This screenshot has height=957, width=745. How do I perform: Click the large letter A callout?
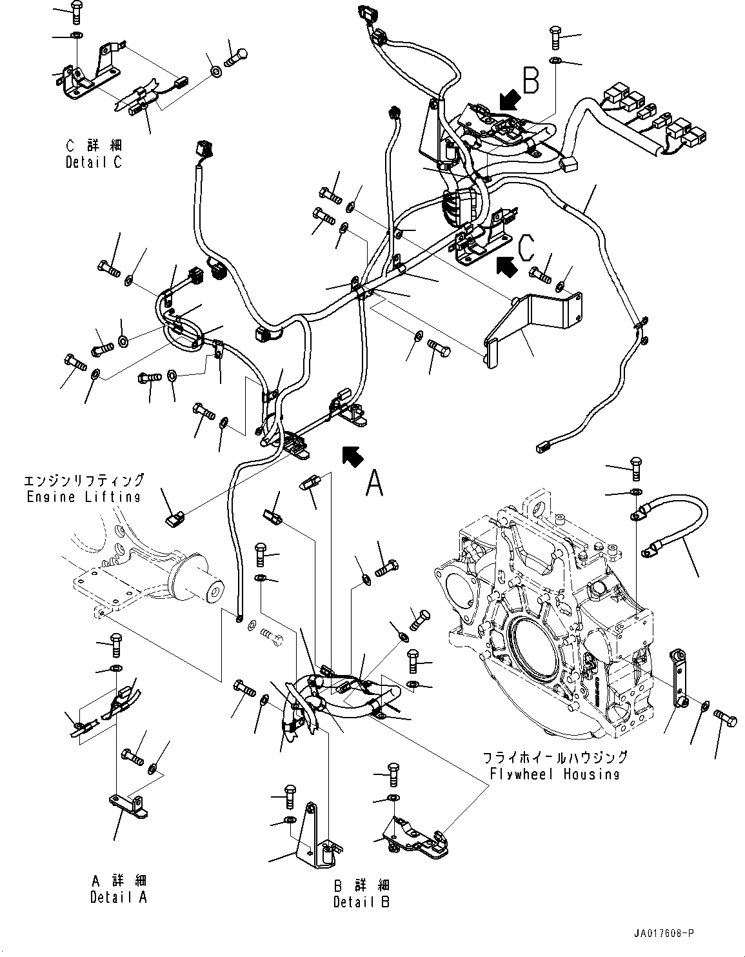pos(374,483)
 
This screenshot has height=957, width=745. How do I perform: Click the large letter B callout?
pos(530,81)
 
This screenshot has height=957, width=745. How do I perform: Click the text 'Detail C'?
pos(94,163)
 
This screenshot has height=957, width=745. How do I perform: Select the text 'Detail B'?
pos(361,902)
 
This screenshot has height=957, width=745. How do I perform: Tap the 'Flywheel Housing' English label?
pos(555,774)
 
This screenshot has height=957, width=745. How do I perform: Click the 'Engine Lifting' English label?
pos(83,497)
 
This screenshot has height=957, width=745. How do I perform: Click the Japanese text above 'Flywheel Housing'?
pos(555,758)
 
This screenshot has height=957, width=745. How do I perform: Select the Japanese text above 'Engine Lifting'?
pos(83,481)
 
